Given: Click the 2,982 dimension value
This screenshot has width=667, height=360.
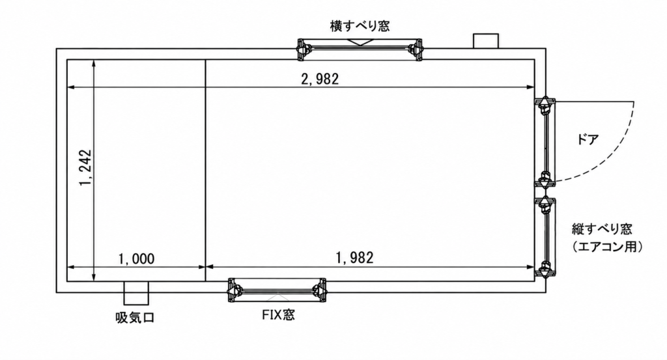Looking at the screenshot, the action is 320,79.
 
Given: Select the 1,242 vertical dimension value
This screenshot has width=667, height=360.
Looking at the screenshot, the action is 85,167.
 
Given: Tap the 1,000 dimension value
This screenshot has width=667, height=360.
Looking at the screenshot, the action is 136,258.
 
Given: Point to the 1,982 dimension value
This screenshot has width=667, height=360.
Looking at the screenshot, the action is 355,258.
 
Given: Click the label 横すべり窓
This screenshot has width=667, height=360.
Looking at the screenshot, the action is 360,26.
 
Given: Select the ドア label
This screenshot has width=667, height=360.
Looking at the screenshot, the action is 588,139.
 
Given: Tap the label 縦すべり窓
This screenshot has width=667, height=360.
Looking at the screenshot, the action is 602,229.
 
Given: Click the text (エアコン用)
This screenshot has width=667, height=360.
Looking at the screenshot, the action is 606,247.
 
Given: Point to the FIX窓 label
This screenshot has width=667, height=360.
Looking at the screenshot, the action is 278,315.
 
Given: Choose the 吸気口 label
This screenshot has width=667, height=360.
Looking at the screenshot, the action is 135,318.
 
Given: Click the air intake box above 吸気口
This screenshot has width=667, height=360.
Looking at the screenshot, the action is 136,293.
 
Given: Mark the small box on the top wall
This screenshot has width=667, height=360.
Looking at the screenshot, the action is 486,41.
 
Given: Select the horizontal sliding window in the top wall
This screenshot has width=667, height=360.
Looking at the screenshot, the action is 360,50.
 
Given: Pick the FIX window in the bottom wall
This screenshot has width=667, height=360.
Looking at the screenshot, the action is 277,290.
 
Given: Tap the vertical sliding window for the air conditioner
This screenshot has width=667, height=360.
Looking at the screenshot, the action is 545,237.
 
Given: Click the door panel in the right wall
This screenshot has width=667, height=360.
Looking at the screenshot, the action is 545,143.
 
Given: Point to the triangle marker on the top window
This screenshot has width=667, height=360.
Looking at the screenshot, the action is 360,42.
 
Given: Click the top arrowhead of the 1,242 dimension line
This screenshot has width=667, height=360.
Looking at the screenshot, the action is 94,64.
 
